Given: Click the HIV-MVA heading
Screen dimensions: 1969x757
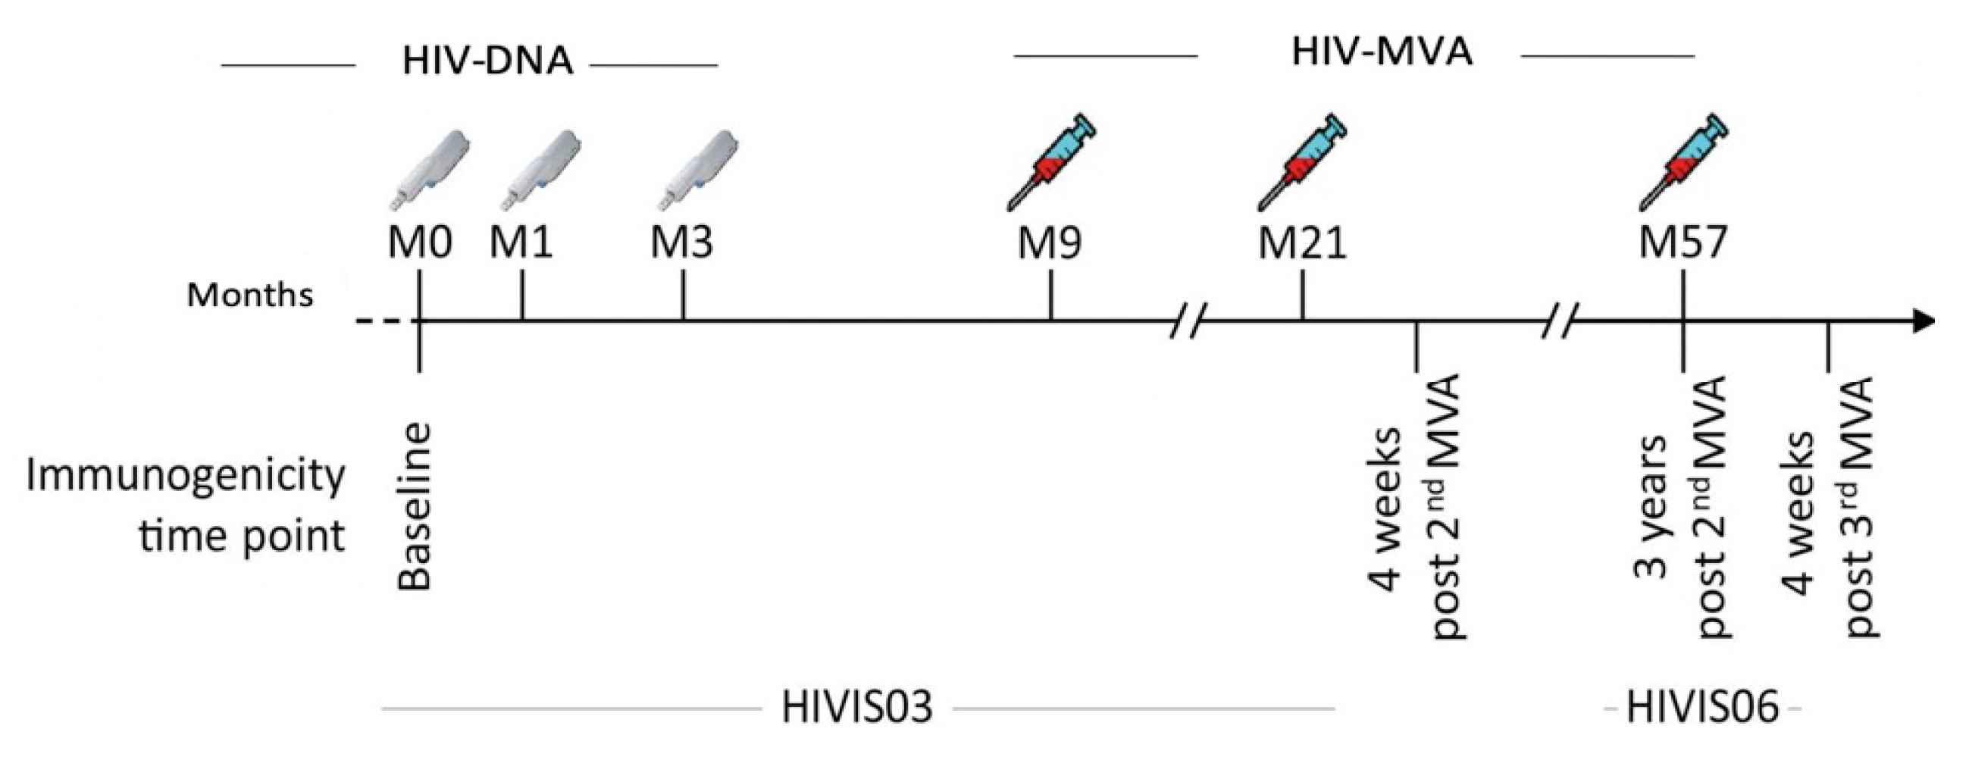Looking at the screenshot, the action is tap(1381, 54).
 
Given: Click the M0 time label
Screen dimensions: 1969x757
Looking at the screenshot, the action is tap(420, 244).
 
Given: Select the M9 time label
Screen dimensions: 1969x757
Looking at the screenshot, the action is tap(1050, 244).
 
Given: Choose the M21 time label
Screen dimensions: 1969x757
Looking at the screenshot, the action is tap(1302, 244).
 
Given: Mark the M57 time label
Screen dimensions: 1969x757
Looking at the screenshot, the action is tap(1683, 244).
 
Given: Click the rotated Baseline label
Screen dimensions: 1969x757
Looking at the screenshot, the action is tap(416, 507).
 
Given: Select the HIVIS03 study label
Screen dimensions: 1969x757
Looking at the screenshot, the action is tap(857, 707).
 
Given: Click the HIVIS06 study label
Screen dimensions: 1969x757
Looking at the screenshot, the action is tap(1702, 707).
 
